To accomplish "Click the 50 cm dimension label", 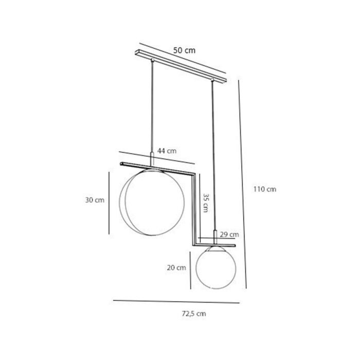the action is pyautogui.click(x=184, y=50).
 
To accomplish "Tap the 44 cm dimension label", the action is pyautogui.click(x=167, y=151).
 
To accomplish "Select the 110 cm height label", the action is pyautogui.click(x=265, y=189).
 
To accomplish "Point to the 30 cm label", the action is pyautogui.click(x=95, y=200).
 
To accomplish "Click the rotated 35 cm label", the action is pyautogui.click(x=206, y=203).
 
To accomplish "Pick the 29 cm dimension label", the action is pyautogui.click(x=229, y=235).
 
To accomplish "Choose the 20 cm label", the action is pyautogui.click(x=176, y=267).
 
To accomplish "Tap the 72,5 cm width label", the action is pyautogui.click(x=194, y=313).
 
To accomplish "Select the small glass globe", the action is pyautogui.click(x=216, y=267).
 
